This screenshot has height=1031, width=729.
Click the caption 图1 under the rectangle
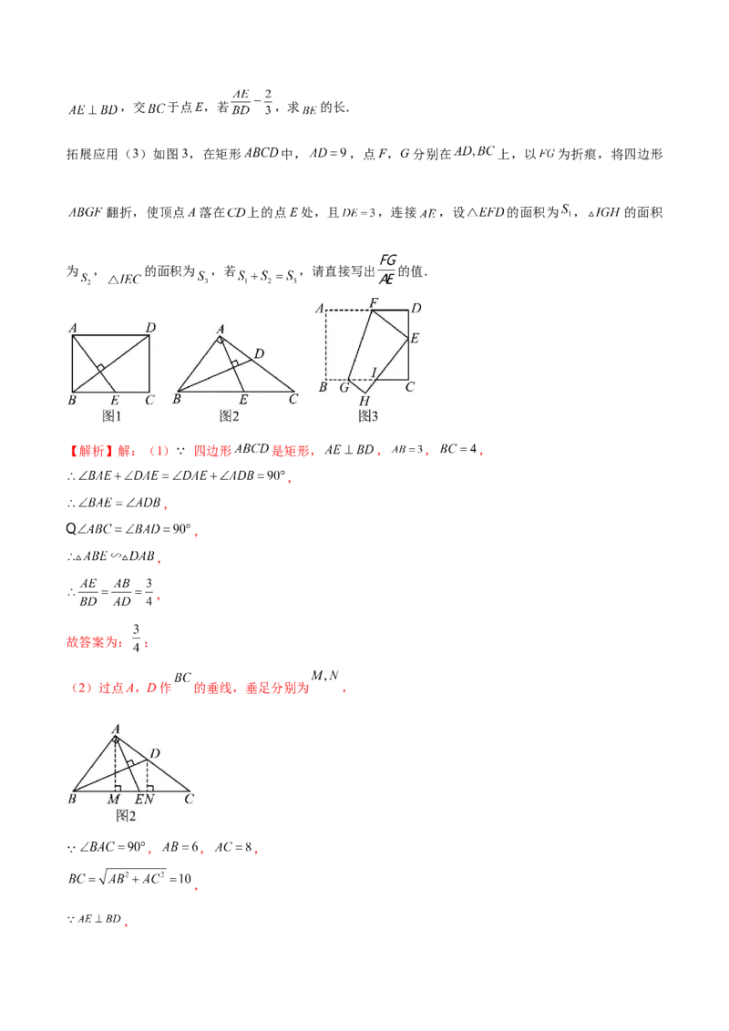pyautogui.click(x=112, y=415)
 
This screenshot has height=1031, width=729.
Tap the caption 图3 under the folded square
pyautogui.click(x=368, y=415)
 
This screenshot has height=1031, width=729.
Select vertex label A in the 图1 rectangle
pyautogui.click(x=71, y=328)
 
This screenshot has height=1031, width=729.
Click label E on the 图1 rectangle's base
pyautogui.click(x=114, y=400)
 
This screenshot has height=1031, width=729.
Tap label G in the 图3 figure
pyautogui.click(x=344, y=388)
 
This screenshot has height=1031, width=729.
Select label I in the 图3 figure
pyautogui.click(x=373, y=371)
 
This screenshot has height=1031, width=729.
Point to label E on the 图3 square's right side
pyautogui.click(x=414, y=338)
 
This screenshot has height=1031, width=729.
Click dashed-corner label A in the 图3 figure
pyautogui.click(x=320, y=308)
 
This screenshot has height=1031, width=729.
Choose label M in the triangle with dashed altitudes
pyautogui.click(x=113, y=800)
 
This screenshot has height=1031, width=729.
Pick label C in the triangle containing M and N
pyautogui.click(x=188, y=799)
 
